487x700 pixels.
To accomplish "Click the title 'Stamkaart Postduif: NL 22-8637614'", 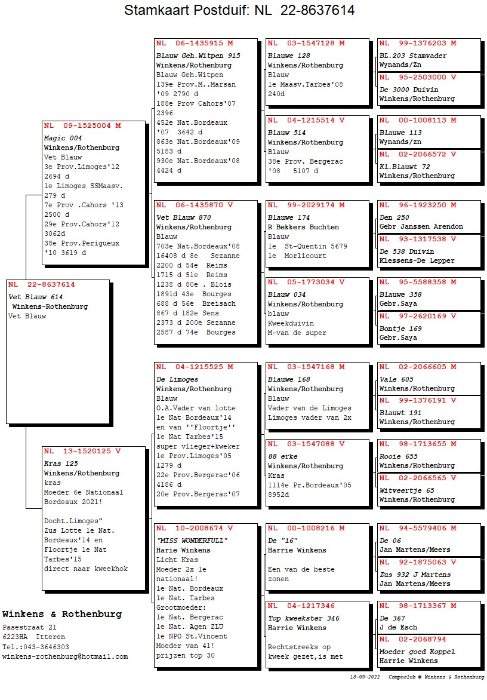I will tap(239, 10).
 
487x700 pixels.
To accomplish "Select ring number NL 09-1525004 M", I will tap(82, 126).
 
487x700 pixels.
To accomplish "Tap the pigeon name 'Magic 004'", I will tap(63, 138).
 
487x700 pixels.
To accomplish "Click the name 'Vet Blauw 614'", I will tap(36, 297).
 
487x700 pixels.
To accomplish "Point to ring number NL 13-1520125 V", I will tap(82, 452).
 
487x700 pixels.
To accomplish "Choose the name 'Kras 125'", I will tap(61, 463).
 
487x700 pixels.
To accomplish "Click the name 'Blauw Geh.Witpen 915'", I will tap(198, 56).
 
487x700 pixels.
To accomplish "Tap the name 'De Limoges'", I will tap(177, 379).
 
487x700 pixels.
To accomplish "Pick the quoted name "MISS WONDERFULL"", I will tap(192, 541).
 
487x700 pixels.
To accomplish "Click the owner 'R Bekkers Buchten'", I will tap(303, 227).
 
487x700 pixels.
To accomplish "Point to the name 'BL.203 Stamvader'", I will tap(413, 56).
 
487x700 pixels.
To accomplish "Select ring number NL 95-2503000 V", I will tap(418, 77).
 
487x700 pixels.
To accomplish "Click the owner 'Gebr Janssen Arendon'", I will tap(421, 227).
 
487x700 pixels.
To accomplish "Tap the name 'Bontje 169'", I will tap(400, 328).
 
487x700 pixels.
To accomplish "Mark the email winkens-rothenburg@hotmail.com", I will tap(65, 656).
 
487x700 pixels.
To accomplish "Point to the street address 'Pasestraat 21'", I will tap(29, 628).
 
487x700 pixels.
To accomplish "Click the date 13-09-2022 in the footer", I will tap(365, 677).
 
